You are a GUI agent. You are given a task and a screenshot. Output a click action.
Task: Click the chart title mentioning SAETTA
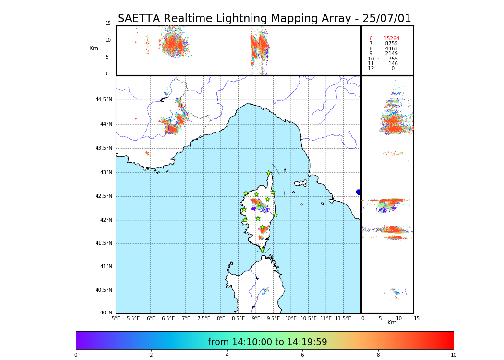(264, 19)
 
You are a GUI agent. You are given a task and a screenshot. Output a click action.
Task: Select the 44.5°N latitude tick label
(104, 100)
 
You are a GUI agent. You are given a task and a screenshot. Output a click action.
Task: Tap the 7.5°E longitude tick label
(204, 318)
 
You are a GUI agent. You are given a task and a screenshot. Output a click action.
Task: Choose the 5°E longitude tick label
(116, 318)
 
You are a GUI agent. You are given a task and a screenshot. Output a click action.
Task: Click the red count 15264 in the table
(391, 39)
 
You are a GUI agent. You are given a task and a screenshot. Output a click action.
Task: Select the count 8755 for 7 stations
(391, 44)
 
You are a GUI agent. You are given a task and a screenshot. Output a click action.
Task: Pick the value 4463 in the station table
(391, 49)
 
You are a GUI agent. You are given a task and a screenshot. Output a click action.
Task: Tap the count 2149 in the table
(391, 54)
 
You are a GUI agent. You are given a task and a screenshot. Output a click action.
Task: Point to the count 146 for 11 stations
(393, 64)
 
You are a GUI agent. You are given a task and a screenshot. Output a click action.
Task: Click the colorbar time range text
(267, 342)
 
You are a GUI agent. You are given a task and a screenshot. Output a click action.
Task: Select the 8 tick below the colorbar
(378, 355)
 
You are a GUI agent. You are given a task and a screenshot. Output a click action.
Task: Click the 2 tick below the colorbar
(151, 355)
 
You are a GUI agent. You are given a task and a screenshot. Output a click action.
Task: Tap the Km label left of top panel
(94, 48)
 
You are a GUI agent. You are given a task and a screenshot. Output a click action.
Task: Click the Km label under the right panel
(392, 323)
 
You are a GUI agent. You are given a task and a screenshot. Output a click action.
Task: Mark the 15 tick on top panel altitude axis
(108, 24)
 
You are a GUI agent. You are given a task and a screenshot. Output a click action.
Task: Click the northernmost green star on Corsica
(269, 173)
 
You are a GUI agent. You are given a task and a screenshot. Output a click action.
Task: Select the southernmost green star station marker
(262, 250)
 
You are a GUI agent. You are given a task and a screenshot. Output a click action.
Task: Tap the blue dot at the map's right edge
(359, 192)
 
